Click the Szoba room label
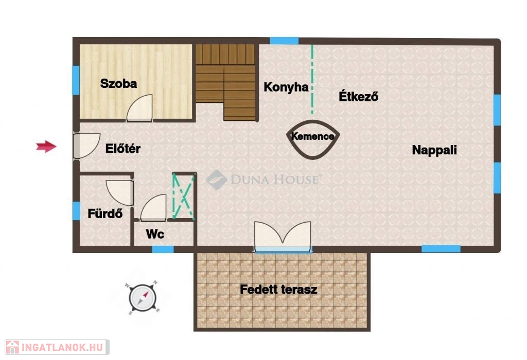pyautogui.click(x=119, y=84)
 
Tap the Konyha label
pyautogui.click(x=286, y=87)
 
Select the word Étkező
pyautogui.click(x=358, y=96)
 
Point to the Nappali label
pyautogui.click(x=434, y=150)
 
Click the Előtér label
pyautogui.click(x=123, y=148)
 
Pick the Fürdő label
pyautogui.click(x=105, y=213)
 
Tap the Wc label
pyautogui.click(x=155, y=234)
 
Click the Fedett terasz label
pyautogui.click(x=278, y=290)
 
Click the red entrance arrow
pyautogui.click(x=46, y=147)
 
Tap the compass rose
pyautogui.click(x=143, y=298)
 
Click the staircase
pyautogui.click(x=225, y=82)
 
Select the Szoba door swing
pyautogui.click(x=139, y=107)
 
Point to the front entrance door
pyautogui.click(x=86, y=146)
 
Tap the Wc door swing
pyautogui.click(x=153, y=208)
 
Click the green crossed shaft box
pyautogui.click(x=184, y=196)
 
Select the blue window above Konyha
pyautogui.click(x=284, y=41)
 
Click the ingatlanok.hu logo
pyautogui.click(x=57, y=347)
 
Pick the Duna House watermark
pyautogui.click(x=262, y=179)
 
